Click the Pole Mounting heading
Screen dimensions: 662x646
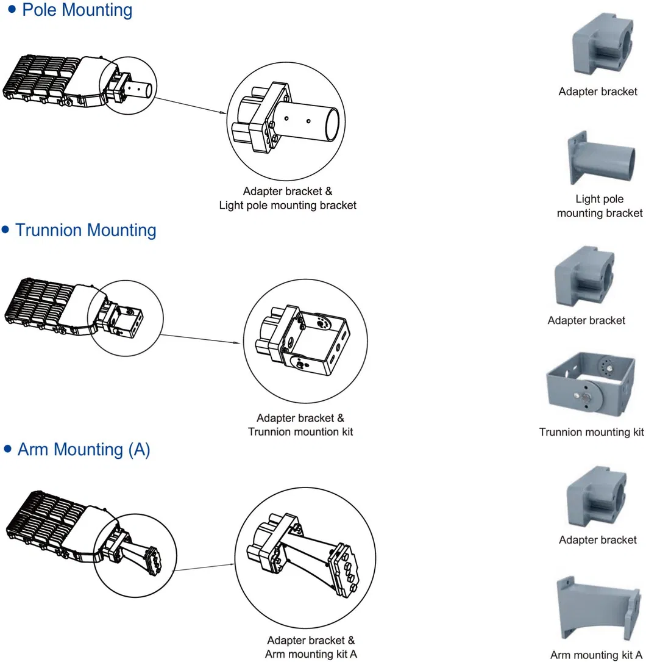[77, 10]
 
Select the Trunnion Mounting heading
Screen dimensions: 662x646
[85, 231]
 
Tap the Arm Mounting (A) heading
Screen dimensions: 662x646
[83, 450]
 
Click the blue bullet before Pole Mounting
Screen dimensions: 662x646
[11, 10]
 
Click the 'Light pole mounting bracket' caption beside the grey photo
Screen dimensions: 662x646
[599, 206]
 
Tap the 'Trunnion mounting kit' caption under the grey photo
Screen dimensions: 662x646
[591, 432]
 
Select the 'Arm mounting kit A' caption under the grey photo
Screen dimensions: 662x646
[597, 655]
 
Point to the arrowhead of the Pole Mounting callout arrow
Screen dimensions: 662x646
[222, 113]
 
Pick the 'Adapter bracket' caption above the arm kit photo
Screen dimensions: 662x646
[597, 540]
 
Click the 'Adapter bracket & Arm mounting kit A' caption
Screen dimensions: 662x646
[311, 647]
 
